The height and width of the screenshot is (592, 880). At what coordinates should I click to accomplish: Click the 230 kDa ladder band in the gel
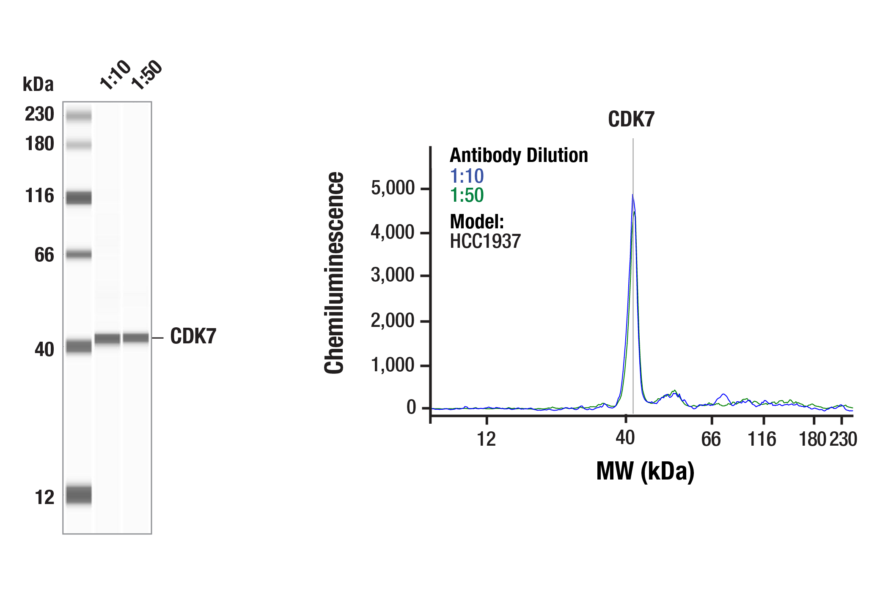pos(79,115)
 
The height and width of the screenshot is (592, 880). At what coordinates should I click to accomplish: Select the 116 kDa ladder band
pos(79,197)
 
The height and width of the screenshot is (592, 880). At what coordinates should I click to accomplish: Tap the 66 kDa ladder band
pos(79,254)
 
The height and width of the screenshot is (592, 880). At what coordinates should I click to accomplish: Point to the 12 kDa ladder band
pos(79,495)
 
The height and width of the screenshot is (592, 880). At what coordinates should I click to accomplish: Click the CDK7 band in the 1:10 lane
pos(107,339)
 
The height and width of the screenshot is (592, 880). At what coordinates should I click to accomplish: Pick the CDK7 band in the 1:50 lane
pos(136,338)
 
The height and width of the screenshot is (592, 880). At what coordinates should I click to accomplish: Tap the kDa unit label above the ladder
pos(38,84)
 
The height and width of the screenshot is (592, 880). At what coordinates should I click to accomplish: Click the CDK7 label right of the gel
pos(193,336)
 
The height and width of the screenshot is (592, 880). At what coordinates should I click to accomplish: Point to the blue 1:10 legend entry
pos(467,176)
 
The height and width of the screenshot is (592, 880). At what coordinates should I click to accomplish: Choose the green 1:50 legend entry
pos(467,195)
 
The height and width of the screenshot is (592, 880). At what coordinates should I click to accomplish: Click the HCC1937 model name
pos(485,241)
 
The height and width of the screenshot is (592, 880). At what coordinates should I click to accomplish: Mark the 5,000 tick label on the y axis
pos(393,188)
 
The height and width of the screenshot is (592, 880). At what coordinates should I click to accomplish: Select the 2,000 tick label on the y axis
pos(393,321)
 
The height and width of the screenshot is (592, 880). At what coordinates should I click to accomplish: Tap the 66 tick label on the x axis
pos(711,439)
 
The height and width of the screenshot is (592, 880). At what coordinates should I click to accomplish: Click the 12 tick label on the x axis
pos(486,439)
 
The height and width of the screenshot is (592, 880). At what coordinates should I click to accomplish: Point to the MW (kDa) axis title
pos(645,471)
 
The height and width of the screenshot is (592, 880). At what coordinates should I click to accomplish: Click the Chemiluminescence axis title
pos(334,273)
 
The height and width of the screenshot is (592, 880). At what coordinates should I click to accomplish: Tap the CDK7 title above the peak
pos(631,119)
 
